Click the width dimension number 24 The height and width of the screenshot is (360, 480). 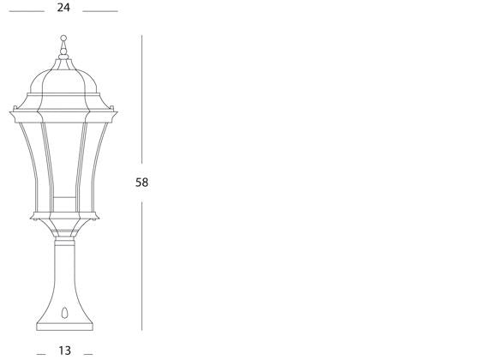[63, 8]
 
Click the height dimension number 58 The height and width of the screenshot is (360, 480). [142, 183]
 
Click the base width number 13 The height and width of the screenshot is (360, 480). [64, 351]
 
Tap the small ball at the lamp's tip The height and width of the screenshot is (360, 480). [63, 39]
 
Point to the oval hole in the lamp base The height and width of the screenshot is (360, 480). [64, 314]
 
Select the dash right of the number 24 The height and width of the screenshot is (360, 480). [100, 11]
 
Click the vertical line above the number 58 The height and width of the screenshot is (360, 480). [142, 103]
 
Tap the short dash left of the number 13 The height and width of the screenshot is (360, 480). [41, 352]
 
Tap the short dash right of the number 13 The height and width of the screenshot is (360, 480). [87, 352]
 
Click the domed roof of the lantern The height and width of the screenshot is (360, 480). [63, 86]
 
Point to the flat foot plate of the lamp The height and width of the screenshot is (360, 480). [64, 327]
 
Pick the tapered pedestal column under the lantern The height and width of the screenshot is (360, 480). [64, 274]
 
